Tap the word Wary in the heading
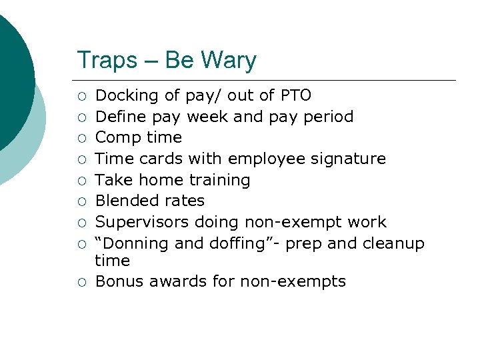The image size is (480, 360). tap(228, 61)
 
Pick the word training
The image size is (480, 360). tap(219, 180)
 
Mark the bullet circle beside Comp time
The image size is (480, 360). tap(81, 138)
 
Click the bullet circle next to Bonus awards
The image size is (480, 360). tap(81, 282)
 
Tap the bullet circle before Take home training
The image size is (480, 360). tap(81, 180)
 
